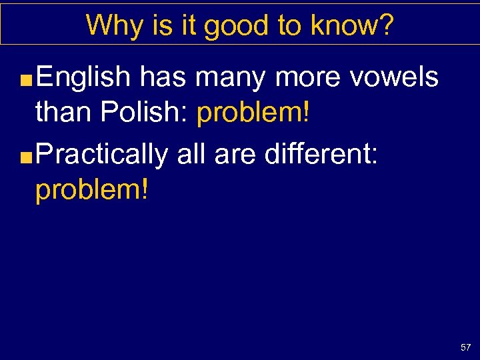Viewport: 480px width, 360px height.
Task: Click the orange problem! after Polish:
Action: pos(253,113)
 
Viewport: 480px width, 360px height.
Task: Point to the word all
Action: pos(189,153)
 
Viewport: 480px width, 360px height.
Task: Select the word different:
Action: pos(321,153)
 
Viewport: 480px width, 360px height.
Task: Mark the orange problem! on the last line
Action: pos(92,190)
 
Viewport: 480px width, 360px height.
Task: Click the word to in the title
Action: pos(289,25)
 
